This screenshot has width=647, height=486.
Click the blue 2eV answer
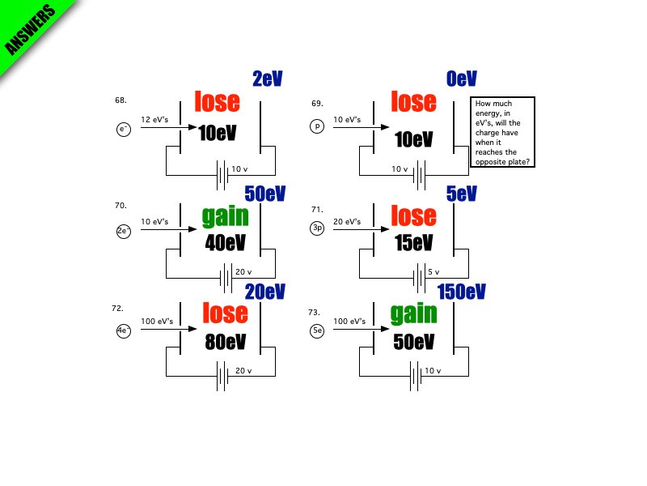coord(267,79)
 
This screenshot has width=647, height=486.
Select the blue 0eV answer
coord(461,79)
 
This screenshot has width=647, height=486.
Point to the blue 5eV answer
coord(461,194)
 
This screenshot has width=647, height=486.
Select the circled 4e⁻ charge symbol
coord(124,330)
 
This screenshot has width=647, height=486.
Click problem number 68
coord(121,100)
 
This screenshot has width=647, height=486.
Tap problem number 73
coord(315,312)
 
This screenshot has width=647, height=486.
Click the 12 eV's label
coord(155,120)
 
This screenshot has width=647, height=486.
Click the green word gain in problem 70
coord(226,216)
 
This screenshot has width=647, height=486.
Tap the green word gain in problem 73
coord(413,313)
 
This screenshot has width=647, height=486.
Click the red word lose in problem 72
coord(225,313)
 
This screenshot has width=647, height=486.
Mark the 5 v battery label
coord(433,272)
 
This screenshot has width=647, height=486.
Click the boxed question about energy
coord(502,133)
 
